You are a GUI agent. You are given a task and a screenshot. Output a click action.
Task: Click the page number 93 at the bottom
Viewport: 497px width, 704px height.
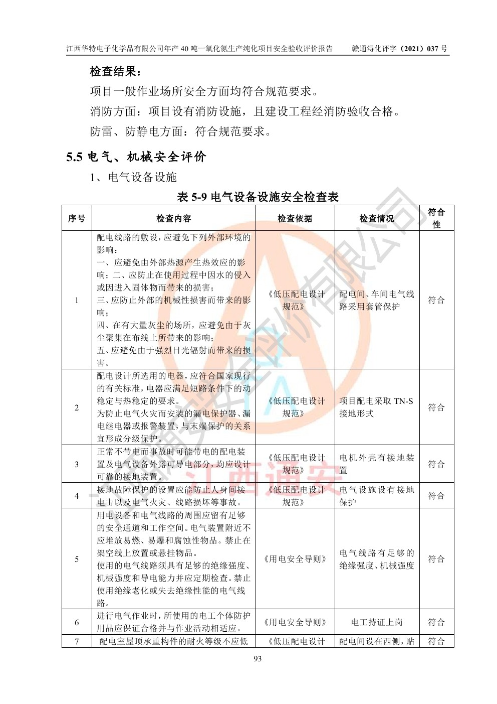tap(258, 658)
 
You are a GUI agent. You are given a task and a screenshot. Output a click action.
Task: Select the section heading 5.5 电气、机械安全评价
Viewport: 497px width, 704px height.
tap(136, 157)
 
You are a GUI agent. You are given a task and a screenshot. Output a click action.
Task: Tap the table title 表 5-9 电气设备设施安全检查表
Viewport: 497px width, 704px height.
tap(258, 197)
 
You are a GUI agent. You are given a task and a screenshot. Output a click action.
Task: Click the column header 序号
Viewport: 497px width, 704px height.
tap(77, 218)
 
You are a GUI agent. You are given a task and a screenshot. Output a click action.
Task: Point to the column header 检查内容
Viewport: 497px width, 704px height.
tap(173, 218)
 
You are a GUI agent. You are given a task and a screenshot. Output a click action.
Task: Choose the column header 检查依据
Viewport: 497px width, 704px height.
tap(295, 218)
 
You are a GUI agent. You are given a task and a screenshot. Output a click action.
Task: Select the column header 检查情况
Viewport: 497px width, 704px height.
tap(376, 218)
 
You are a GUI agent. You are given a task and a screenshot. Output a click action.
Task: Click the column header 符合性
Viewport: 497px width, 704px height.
tap(436, 218)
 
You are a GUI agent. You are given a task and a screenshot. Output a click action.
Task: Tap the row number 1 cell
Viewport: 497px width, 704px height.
tap(77, 300)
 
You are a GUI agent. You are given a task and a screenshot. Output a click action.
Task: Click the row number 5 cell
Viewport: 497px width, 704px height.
tap(77, 559)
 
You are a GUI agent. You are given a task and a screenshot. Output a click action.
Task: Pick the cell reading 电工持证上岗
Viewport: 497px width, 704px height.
tap(376, 622)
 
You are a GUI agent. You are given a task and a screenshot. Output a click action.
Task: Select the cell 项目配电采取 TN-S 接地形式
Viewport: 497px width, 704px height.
tap(376, 407)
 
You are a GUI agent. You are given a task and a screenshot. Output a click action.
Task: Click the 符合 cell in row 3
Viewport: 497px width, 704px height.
tap(436, 464)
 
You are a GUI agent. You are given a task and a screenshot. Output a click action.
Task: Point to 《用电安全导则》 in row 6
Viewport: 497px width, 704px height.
tap(295, 622)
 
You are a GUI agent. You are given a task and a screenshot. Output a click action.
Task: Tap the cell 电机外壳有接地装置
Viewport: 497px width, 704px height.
tap(376, 464)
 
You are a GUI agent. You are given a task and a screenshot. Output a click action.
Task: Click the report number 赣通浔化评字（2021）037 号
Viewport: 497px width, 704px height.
tap(399, 49)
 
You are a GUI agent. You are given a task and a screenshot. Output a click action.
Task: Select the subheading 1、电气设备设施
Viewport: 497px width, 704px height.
tap(133, 177)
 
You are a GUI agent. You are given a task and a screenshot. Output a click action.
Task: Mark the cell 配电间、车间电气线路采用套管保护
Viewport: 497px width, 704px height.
tap(376, 300)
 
